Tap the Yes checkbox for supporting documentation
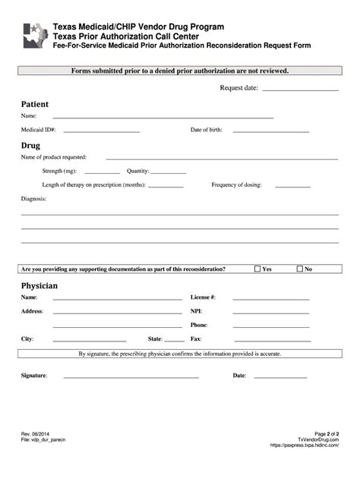[257, 269]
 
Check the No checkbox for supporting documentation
[300, 269]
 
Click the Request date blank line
[300, 90]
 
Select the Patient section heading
[35, 104]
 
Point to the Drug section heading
[30, 145]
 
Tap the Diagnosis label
[33, 199]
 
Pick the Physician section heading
[39, 285]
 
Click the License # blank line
[270, 300]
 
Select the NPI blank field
[270, 313]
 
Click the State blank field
[174, 341]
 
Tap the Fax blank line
[270, 341]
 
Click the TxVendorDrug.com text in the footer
[318, 440]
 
